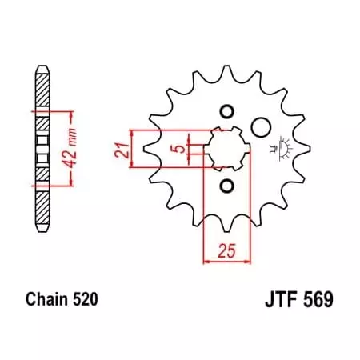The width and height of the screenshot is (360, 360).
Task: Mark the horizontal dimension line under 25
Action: (227, 261)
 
